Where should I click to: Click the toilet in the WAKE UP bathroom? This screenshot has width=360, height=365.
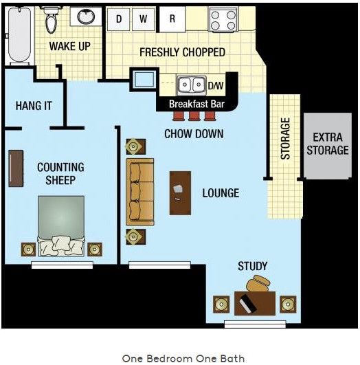click(51, 20)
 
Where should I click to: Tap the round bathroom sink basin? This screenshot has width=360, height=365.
click(86, 16)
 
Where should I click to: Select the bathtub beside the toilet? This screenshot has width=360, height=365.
click(19, 34)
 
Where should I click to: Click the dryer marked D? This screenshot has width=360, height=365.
click(118, 19)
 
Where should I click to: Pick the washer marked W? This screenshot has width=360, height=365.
click(144, 19)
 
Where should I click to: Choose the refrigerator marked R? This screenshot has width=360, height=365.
click(172, 19)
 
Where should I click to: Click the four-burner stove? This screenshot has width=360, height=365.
click(223, 20)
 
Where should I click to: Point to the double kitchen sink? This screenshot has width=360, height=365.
click(191, 85)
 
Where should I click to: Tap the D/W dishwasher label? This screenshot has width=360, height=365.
click(216, 85)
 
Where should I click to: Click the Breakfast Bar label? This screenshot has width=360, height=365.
click(196, 104)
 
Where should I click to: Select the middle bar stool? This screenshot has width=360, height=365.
click(194, 116)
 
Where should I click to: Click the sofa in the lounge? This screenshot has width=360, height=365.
click(140, 192)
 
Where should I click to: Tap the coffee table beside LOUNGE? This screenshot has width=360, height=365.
click(181, 193)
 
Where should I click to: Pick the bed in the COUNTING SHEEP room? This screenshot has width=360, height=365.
click(61, 225)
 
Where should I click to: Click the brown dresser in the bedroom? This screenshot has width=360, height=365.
click(16, 168)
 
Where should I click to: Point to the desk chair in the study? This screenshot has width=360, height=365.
click(258, 283)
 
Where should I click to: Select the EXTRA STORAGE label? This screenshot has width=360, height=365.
click(328, 144)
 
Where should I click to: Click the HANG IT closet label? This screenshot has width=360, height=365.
click(34, 106)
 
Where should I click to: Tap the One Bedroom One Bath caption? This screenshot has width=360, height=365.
click(183, 359)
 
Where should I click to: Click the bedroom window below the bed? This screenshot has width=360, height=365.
click(62, 265)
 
